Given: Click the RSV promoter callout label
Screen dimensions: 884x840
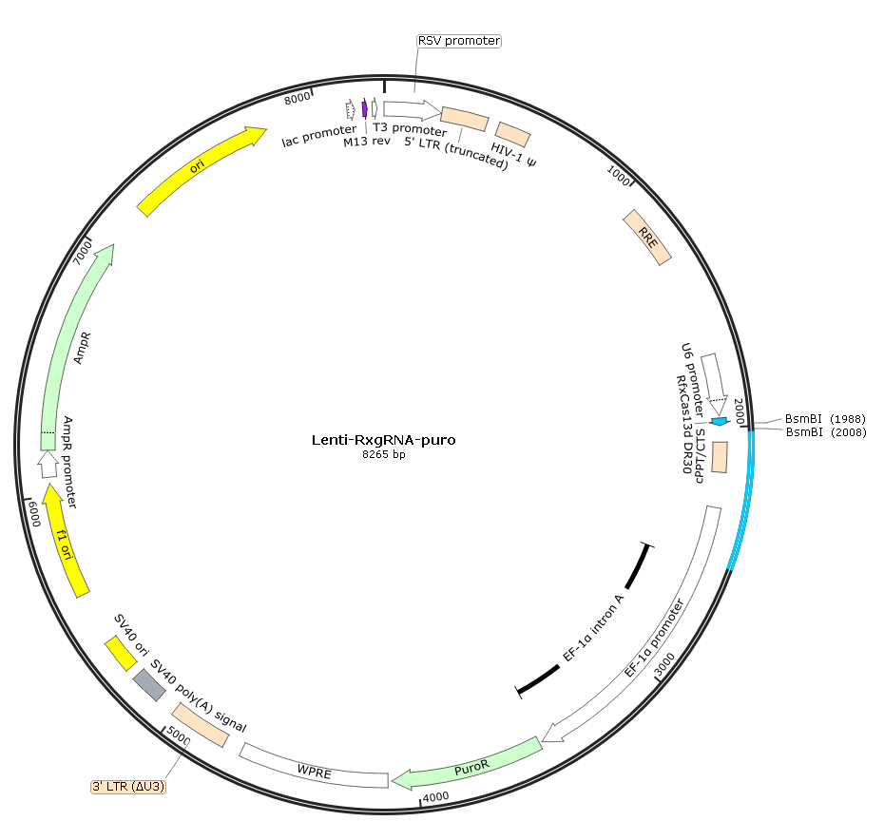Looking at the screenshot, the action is tap(459, 41).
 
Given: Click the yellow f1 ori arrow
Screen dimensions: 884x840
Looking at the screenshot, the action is tap(65, 543).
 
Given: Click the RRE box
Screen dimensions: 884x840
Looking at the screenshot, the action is tap(647, 238).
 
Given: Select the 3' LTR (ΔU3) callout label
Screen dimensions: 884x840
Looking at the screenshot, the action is tap(128, 787).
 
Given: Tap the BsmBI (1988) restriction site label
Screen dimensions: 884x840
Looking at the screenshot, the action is tap(825, 419).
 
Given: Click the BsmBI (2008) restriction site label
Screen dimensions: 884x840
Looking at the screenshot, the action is tap(826, 432).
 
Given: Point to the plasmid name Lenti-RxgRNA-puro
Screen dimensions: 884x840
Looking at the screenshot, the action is tap(383, 440).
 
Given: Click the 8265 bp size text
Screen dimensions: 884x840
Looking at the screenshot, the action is tap(383, 454).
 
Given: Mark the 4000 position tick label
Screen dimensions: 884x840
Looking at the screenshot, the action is tap(435, 796).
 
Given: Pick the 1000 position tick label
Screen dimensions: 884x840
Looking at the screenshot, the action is tap(618, 176).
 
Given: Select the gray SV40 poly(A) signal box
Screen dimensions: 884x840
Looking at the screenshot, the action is tap(149, 685).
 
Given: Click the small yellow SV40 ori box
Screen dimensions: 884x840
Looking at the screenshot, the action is tap(121, 654).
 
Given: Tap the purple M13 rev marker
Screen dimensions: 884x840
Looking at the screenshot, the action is tap(365, 108).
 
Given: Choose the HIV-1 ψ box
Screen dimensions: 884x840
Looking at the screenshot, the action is tap(513, 134).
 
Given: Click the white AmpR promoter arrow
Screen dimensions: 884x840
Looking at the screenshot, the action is tap(48, 464).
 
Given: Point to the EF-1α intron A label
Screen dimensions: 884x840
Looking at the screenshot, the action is tap(594, 627).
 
